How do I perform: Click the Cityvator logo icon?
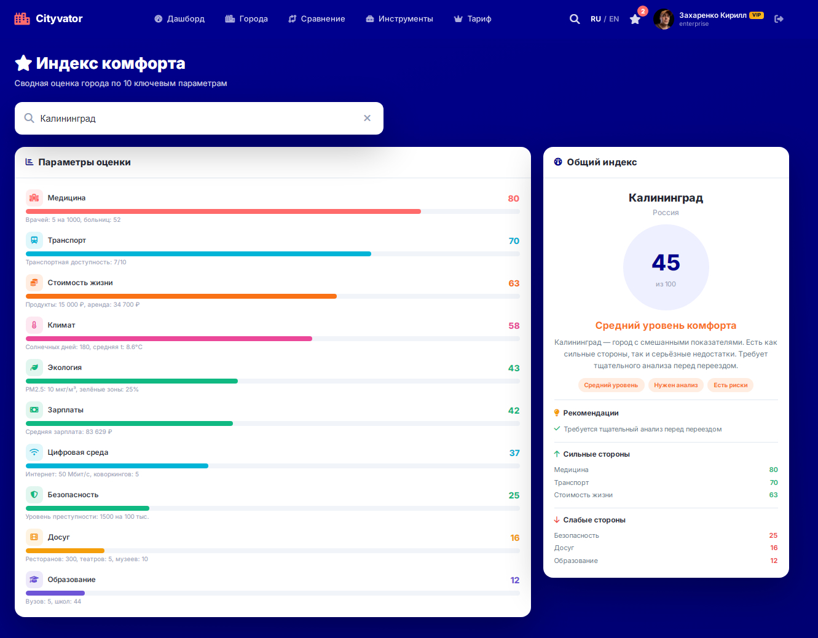tap(22, 18)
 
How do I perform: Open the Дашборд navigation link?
tap(179, 19)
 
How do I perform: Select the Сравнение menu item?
tap(317, 19)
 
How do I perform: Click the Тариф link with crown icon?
tap(473, 19)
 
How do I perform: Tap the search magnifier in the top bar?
tap(575, 19)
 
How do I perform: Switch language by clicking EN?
tap(614, 19)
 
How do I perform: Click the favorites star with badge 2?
tap(635, 19)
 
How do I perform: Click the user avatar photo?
tap(663, 19)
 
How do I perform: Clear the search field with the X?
tap(368, 118)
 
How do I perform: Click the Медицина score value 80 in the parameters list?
tap(513, 199)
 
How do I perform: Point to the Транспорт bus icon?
tap(34, 240)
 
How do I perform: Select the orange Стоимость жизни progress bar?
tap(181, 296)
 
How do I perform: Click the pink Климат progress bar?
tap(168, 339)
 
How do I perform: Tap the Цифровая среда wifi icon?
tap(34, 452)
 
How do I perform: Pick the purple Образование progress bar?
tap(55, 593)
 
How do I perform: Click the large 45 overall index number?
tap(666, 262)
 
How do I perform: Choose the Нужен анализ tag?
tap(675, 385)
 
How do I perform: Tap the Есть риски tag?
tap(730, 385)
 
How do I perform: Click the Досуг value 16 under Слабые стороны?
tap(774, 548)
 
